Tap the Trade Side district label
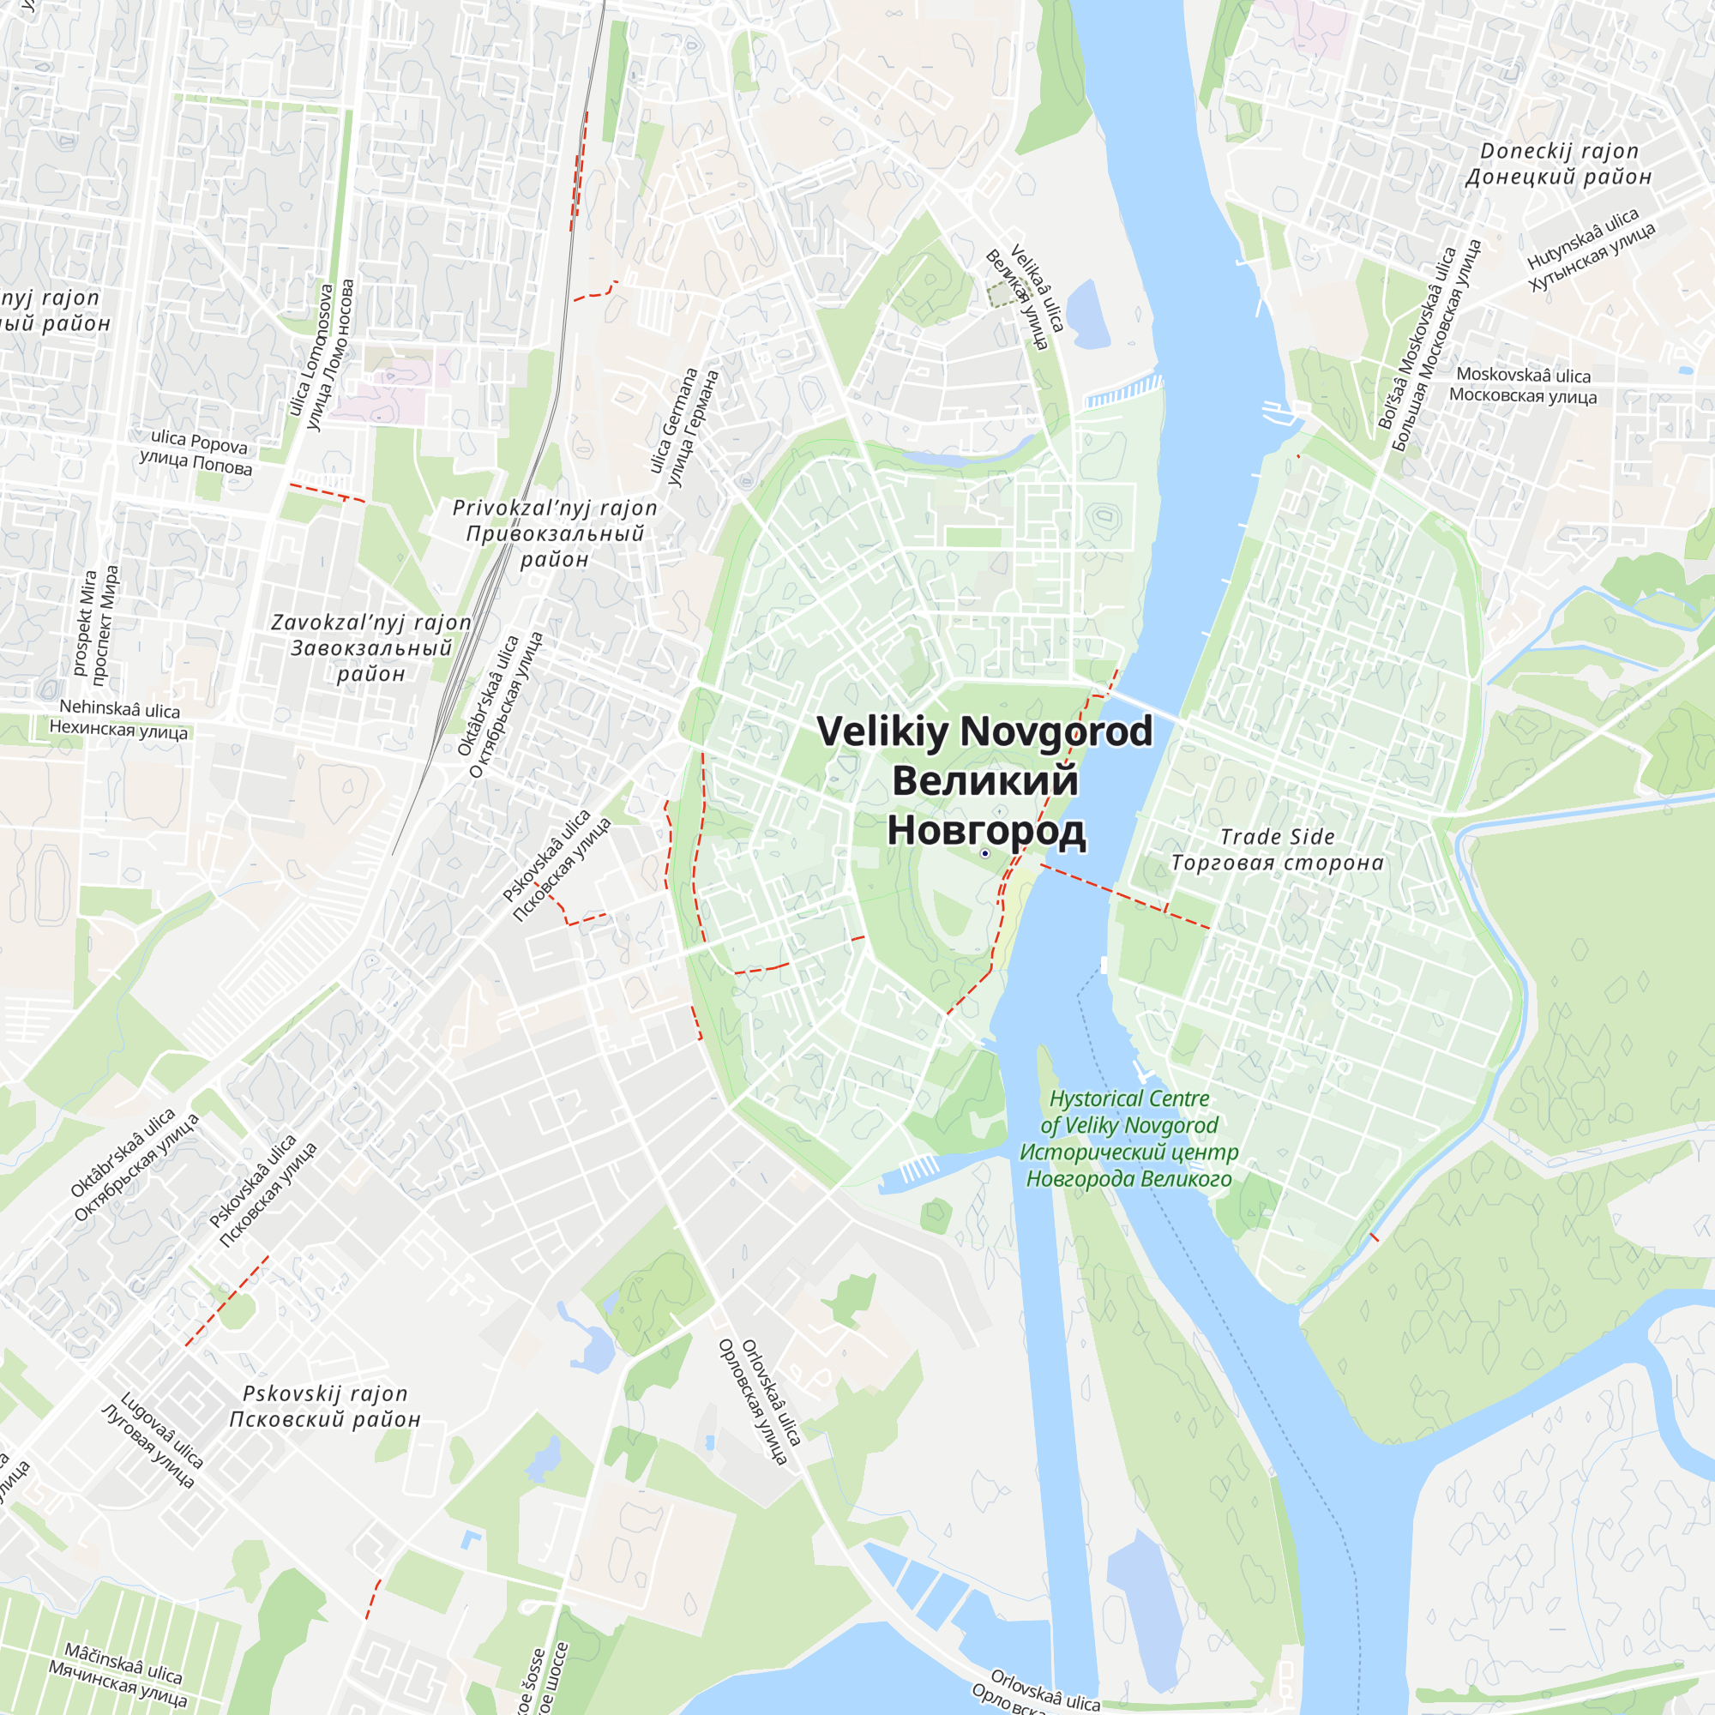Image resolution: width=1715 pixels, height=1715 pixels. [1278, 850]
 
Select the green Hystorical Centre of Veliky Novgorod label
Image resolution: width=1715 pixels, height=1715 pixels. [1129, 1138]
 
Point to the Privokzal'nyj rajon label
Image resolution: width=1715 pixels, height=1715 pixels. [555, 533]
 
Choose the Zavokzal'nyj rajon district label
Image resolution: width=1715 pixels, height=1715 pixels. [371, 648]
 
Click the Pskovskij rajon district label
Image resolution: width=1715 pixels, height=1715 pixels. [325, 1406]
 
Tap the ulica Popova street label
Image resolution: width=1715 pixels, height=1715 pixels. [197, 452]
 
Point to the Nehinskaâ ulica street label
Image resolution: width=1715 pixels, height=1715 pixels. [119, 720]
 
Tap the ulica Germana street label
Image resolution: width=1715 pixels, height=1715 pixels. [683, 426]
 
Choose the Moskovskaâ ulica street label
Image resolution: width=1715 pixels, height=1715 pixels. [1523, 386]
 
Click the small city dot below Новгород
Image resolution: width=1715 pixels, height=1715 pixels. [984, 853]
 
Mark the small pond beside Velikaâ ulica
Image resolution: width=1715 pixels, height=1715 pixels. [1088, 315]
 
